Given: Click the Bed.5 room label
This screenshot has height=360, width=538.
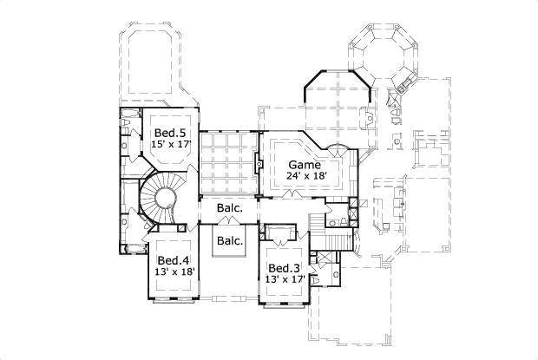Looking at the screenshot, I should (x=169, y=133).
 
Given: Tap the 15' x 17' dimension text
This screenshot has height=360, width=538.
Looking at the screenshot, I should (x=169, y=144).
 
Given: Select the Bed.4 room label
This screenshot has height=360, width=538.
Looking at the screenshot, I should (x=174, y=260).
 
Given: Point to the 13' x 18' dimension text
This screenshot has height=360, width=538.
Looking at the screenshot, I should (x=174, y=272).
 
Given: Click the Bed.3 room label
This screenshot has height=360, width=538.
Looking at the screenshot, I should (x=284, y=268).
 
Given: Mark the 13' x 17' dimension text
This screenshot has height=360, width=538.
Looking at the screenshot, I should (x=284, y=279).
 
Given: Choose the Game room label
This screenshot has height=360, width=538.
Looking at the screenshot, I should (x=305, y=164).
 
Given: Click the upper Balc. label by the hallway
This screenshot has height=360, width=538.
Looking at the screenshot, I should (x=229, y=209).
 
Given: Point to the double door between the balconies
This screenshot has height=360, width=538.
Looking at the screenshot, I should (x=229, y=224).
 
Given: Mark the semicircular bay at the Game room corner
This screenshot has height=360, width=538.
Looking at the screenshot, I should (x=342, y=155).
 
